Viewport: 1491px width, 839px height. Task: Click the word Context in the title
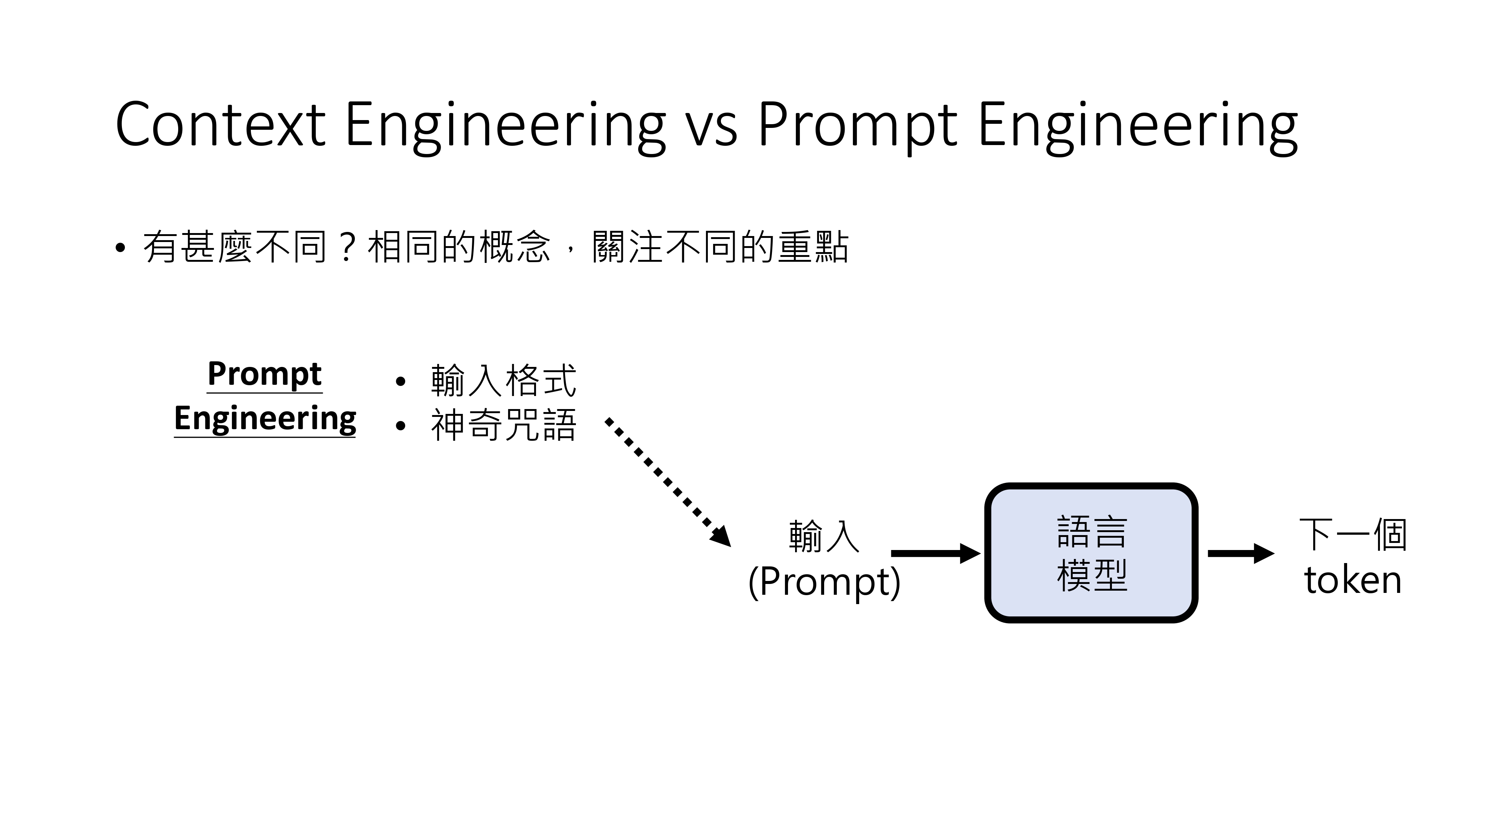tap(220, 125)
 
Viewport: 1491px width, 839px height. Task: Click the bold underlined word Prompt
tap(265, 374)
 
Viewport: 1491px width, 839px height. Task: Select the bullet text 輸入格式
tap(504, 381)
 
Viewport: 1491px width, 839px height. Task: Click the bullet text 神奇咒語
tap(504, 425)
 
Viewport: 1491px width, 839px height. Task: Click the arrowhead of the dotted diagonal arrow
tap(721, 537)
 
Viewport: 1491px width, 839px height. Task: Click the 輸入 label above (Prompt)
tap(824, 537)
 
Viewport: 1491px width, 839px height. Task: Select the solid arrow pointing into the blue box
tap(935, 553)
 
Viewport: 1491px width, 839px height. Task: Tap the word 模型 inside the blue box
tap(1092, 576)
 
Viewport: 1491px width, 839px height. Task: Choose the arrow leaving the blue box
tap(1240, 553)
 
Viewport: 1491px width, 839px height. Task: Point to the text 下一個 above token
tap(1353, 534)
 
